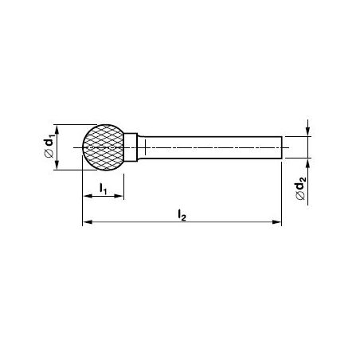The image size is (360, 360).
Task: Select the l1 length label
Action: pos(103,189)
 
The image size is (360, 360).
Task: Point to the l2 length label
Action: pos(182,215)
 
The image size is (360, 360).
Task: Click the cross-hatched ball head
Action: pos(104,147)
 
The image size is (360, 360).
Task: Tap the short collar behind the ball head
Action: pos(131,147)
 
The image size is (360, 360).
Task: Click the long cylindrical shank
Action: pos(209,147)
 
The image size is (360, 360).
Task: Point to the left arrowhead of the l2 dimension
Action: pos(87,221)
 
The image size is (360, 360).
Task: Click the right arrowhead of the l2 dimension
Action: pos(276,221)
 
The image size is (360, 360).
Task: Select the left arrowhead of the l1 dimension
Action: pos(87,196)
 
